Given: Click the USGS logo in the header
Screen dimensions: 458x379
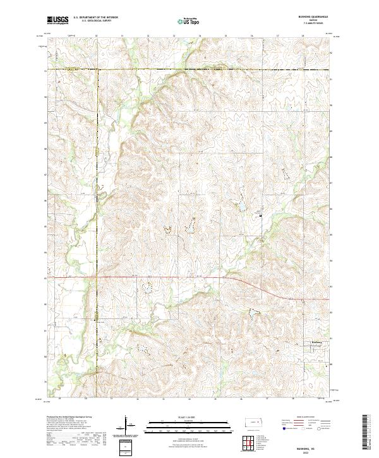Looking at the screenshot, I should [x=57, y=20].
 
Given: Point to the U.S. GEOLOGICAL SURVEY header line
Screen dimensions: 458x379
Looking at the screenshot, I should [x=93, y=21].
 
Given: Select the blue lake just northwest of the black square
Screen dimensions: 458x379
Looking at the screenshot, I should [x=241, y=205].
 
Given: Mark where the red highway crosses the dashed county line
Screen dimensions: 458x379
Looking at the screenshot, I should [x=96, y=277].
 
